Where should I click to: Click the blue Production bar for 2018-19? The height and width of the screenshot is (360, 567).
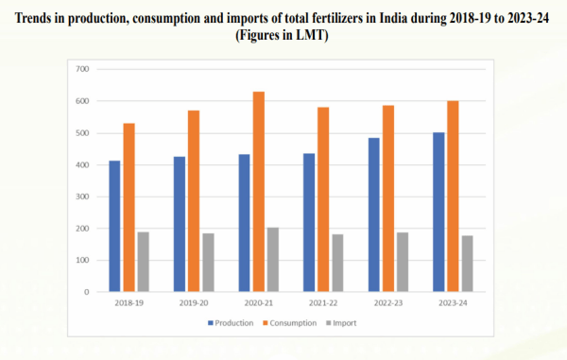(x=114, y=227)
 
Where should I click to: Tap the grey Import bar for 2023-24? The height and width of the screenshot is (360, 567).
(x=467, y=264)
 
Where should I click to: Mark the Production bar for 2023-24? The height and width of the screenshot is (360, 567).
(x=439, y=213)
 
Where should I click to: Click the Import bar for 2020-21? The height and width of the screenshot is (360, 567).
(x=272, y=260)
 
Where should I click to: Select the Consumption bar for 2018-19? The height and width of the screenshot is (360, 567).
(x=129, y=208)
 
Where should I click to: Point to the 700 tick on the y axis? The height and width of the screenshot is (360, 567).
(x=81, y=69)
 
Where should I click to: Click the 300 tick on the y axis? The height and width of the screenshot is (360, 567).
(x=81, y=197)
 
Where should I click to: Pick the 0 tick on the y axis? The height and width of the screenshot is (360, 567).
(x=85, y=292)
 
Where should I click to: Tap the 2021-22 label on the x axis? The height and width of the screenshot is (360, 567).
(x=323, y=304)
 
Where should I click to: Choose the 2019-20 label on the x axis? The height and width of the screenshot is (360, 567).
(x=194, y=304)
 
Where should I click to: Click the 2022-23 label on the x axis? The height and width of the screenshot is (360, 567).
(x=388, y=304)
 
